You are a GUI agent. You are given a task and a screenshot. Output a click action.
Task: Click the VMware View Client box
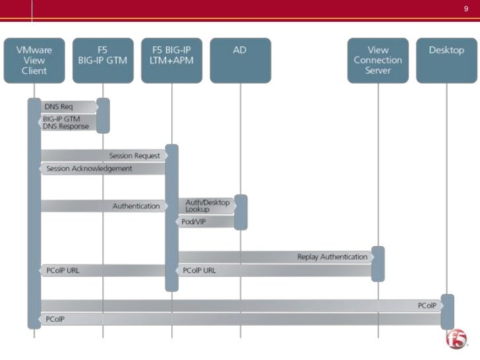tap(34, 60)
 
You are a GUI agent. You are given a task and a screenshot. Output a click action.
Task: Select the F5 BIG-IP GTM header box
tap(103, 60)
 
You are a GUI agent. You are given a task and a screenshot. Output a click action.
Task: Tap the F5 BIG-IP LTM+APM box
tap(171, 60)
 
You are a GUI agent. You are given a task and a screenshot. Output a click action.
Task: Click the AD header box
tap(240, 60)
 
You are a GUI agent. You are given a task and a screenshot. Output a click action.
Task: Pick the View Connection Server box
tap(378, 60)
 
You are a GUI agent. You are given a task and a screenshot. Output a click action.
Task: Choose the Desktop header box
tap(446, 60)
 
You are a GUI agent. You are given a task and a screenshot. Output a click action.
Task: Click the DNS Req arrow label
tap(59, 107)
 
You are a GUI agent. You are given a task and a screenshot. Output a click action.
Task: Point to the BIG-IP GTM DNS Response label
tap(65, 123)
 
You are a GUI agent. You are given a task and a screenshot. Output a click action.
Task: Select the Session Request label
tap(135, 156)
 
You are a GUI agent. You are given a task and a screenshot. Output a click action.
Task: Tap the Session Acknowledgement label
tap(89, 169)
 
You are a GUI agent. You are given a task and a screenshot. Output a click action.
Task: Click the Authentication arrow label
tap(136, 206)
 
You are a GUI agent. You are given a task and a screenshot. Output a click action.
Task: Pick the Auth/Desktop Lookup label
tap(207, 206)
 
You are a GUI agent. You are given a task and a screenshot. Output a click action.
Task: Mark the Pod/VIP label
tap(194, 222)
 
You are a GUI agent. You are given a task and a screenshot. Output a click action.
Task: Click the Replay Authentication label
tap(332, 257)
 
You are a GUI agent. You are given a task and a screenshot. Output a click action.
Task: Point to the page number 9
tap(465, 9)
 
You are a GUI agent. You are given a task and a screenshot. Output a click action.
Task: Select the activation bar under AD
tap(241, 212)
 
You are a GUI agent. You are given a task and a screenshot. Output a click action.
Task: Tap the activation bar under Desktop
tap(447, 312)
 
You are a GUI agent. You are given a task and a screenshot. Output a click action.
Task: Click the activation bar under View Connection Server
tap(378, 264)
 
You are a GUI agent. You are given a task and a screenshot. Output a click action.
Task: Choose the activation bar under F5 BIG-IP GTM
tap(103, 115)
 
